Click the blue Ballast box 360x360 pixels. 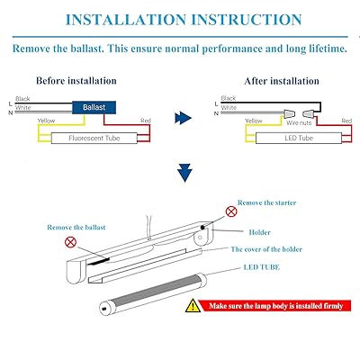click(x=94, y=107)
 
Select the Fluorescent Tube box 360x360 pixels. click(x=94, y=139)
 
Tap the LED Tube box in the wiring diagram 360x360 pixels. click(x=299, y=139)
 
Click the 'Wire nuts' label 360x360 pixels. click(x=299, y=122)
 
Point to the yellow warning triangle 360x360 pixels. click(x=193, y=305)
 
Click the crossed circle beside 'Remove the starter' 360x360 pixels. click(x=231, y=211)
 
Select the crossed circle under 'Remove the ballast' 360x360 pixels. click(x=70, y=242)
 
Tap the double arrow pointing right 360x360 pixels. click(x=183, y=118)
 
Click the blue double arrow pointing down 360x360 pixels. click(x=184, y=173)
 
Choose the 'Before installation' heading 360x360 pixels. click(x=76, y=81)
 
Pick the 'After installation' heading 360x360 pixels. click(x=282, y=81)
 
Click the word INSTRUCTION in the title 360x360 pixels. click(x=247, y=20)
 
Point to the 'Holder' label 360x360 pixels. click(x=260, y=232)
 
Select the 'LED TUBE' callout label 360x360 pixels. click(x=262, y=267)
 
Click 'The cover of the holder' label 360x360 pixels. click(x=266, y=249)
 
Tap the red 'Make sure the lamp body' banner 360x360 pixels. click(x=275, y=306)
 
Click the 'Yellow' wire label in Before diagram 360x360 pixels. click(x=46, y=121)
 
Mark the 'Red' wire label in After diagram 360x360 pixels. click(x=346, y=121)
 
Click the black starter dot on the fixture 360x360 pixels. click(x=203, y=227)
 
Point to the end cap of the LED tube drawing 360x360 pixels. click(x=103, y=309)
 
